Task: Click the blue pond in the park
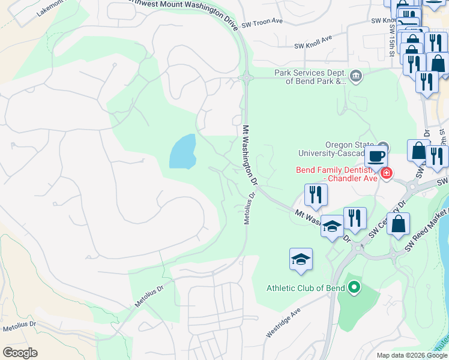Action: point(182,152)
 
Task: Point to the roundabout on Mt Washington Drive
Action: point(246,77)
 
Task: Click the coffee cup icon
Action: point(376,156)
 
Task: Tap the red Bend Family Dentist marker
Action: point(387,174)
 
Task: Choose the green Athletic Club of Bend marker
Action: point(354,288)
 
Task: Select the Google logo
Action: point(20,353)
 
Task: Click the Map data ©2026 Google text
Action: point(412,355)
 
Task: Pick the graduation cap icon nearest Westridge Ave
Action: point(301,260)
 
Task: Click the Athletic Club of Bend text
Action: point(305,288)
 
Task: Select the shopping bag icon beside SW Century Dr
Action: point(397,224)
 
